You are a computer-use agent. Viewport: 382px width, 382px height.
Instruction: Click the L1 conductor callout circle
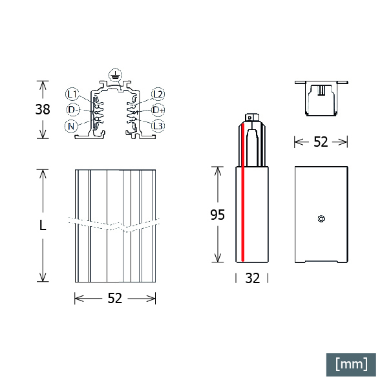click(x=72, y=94)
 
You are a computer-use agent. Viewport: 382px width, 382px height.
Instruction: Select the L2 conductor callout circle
click(x=158, y=94)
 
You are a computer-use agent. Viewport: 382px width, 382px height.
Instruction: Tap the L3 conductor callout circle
click(x=158, y=126)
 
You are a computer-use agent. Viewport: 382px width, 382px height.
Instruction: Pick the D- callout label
click(x=73, y=110)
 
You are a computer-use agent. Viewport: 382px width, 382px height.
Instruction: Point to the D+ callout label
click(x=158, y=110)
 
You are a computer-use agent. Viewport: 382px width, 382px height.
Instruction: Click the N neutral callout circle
click(x=71, y=126)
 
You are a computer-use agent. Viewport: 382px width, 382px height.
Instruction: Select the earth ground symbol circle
click(x=115, y=76)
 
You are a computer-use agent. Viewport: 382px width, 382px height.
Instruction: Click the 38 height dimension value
click(x=43, y=109)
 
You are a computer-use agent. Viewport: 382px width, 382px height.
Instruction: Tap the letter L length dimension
click(x=43, y=225)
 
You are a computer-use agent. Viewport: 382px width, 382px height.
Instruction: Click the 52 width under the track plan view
click(x=115, y=298)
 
